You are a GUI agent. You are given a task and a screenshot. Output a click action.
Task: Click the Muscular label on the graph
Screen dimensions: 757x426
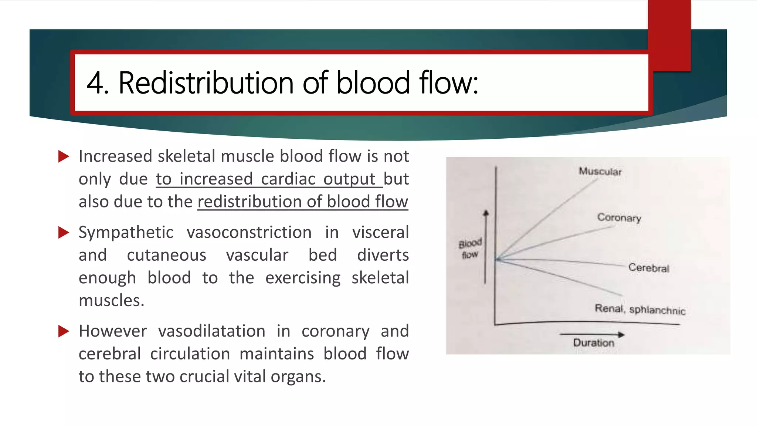point(600,172)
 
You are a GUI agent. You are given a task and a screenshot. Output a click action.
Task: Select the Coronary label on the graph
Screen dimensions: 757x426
point(619,217)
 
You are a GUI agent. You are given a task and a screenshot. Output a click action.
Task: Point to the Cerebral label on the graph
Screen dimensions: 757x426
point(649,268)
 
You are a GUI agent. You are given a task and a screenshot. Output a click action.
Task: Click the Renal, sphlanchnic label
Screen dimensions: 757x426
point(640,309)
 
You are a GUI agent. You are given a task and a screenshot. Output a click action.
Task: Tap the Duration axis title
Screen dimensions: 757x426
point(594,343)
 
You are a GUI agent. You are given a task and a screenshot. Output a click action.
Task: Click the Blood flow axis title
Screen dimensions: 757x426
point(470,249)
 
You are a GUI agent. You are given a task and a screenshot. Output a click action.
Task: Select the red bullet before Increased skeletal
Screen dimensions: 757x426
point(64,156)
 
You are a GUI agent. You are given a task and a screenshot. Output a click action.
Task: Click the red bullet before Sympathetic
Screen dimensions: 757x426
point(64,233)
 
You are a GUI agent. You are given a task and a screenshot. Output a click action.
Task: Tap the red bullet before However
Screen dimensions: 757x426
point(64,331)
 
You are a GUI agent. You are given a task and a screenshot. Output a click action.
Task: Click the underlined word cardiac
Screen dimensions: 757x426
point(288,179)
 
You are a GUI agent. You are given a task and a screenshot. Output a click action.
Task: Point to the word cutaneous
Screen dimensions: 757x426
point(166,256)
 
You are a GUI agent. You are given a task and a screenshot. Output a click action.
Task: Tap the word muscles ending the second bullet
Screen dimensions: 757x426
point(111,301)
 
